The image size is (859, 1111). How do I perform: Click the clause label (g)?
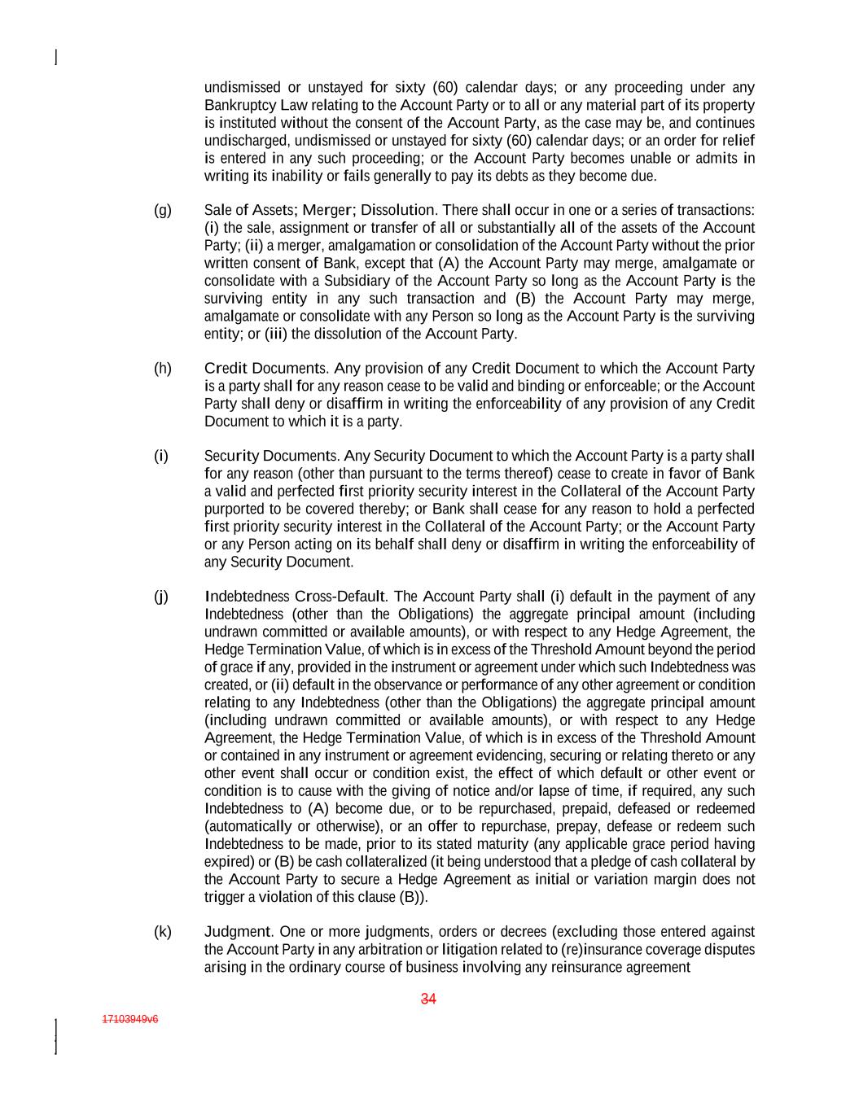pyautogui.click(x=163, y=210)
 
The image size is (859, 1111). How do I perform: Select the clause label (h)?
pyautogui.click(x=163, y=368)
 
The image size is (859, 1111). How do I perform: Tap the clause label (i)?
pyautogui.click(x=161, y=456)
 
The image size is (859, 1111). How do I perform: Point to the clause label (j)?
pyautogui.click(x=161, y=597)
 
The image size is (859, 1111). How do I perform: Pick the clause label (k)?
pyautogui.click(x=163, y=932)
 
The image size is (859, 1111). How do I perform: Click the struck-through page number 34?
pyautogui.click(x=429, y=999)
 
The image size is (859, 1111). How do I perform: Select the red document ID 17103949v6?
pyautogui.click(x=130, y=1019)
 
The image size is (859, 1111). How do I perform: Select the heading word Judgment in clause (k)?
pyautogui.click(x=237, y=932)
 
